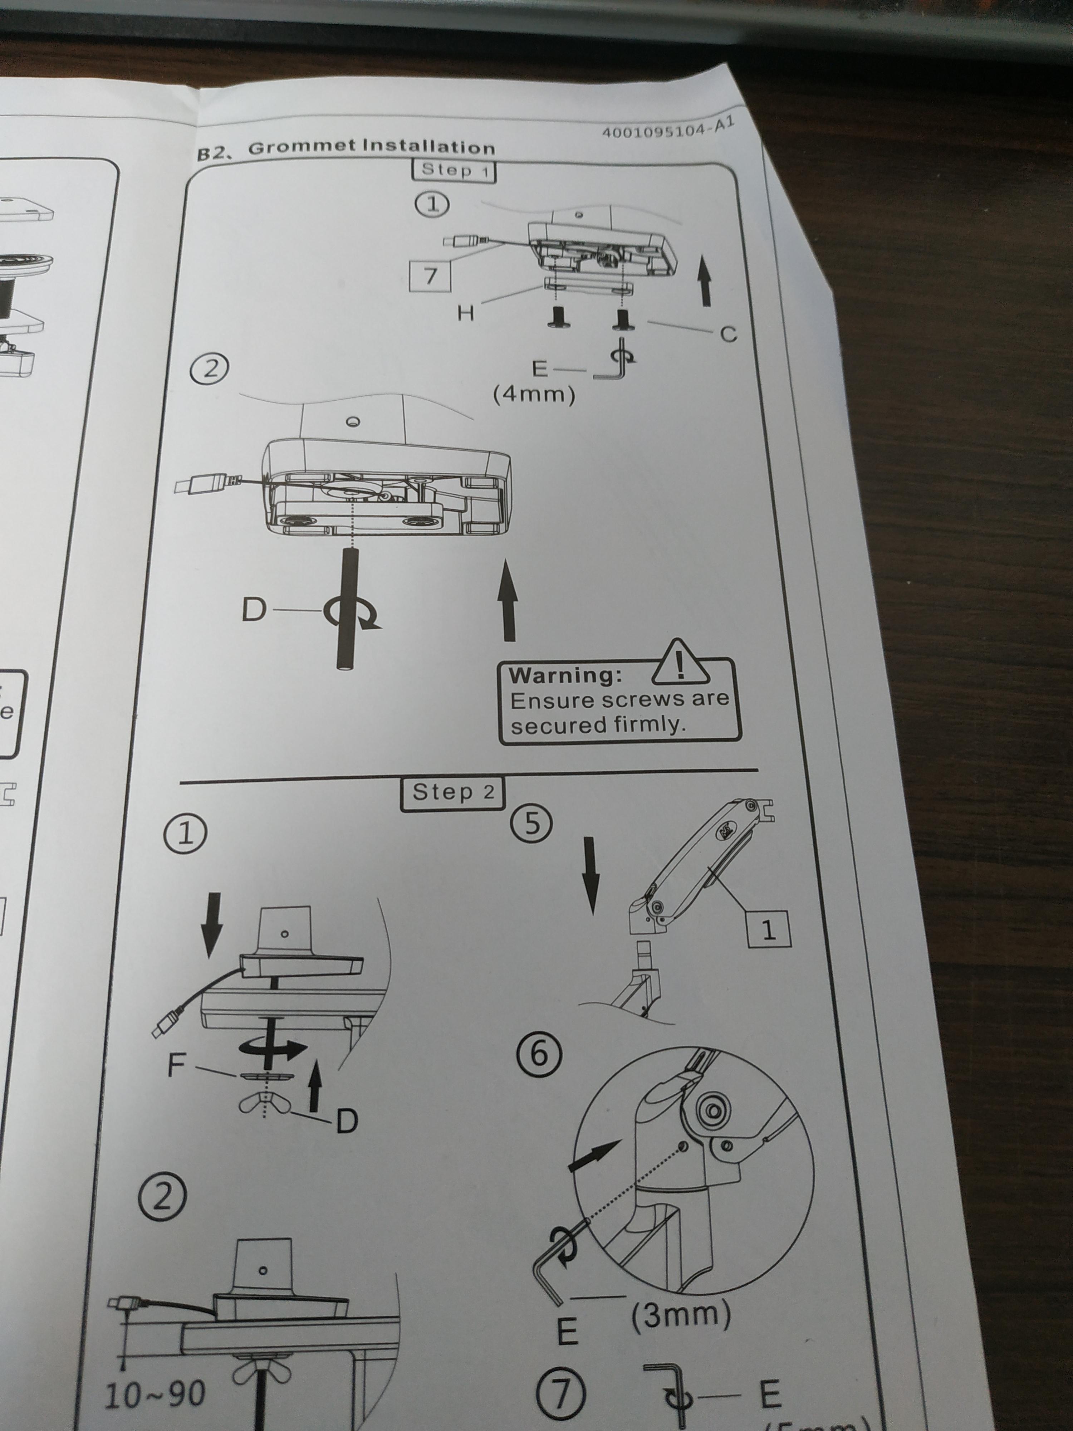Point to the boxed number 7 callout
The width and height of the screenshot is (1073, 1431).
point(430,275)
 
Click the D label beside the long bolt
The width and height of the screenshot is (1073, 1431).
point(254,609)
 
